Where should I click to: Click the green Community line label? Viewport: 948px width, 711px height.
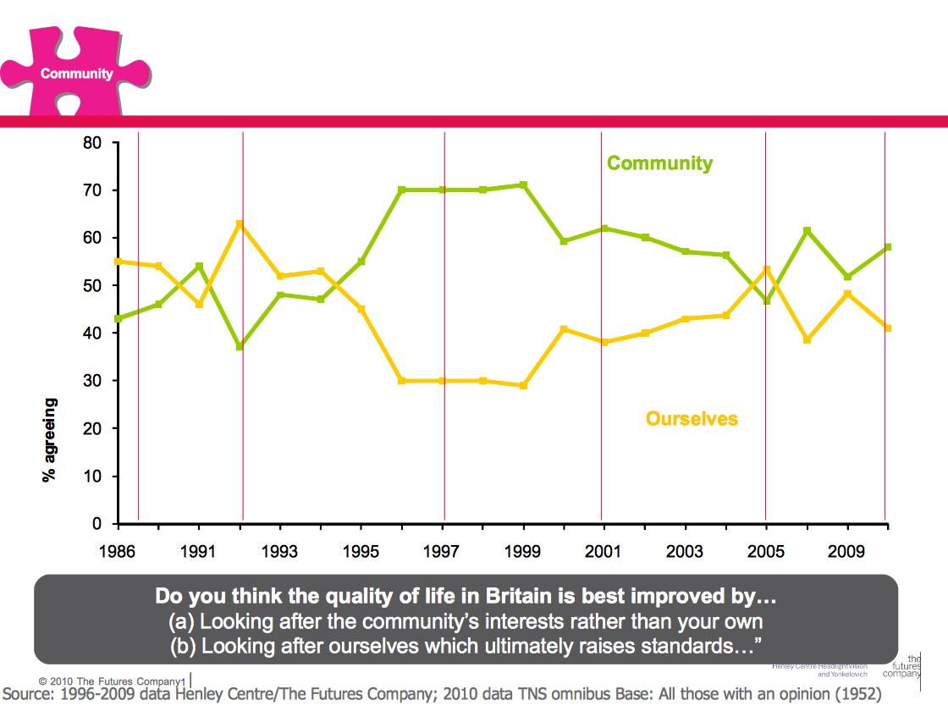659,163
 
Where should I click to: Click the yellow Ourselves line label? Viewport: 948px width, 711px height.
691,419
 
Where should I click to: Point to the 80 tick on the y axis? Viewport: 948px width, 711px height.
91,143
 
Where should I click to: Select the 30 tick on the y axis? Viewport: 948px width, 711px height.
91,382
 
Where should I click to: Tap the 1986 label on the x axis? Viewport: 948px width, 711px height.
117,553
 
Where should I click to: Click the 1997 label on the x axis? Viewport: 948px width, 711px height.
441,553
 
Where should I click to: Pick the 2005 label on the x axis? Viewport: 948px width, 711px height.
766,553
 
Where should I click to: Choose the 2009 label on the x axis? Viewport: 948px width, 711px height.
846,553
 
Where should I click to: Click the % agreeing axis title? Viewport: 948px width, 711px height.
50,439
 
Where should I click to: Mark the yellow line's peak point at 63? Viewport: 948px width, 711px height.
240,223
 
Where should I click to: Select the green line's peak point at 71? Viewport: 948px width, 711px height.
524,185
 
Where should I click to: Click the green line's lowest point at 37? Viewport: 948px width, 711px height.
240,347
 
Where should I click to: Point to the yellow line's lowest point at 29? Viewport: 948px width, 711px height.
524,385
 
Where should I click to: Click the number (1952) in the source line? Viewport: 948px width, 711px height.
851,694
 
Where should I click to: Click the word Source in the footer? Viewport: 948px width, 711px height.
30,694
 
